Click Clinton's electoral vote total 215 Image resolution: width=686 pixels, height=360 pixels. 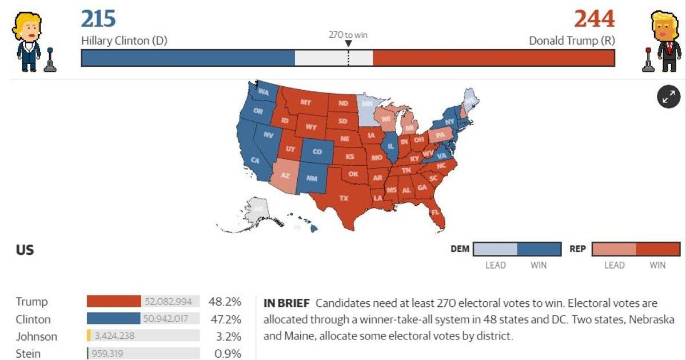[x=98, y=19]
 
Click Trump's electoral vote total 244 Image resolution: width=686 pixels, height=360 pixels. [x=594, y=19]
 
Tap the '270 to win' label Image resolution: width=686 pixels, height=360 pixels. [x=348, y=35]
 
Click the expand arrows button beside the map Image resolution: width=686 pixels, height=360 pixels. [x=668, y=97]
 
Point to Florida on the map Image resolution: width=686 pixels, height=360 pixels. [x=436, y=212]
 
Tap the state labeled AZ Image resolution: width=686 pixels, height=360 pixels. [x=286, y=175]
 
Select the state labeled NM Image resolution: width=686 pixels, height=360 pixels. [x=312, y=178]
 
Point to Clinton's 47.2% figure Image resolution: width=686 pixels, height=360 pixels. [x=228, y=319]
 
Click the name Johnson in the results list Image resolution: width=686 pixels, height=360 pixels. [x=37, y=337]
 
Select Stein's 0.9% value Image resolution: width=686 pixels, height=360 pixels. [x=228, y=354]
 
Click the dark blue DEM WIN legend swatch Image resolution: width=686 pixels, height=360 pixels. [x=539, y=249]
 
